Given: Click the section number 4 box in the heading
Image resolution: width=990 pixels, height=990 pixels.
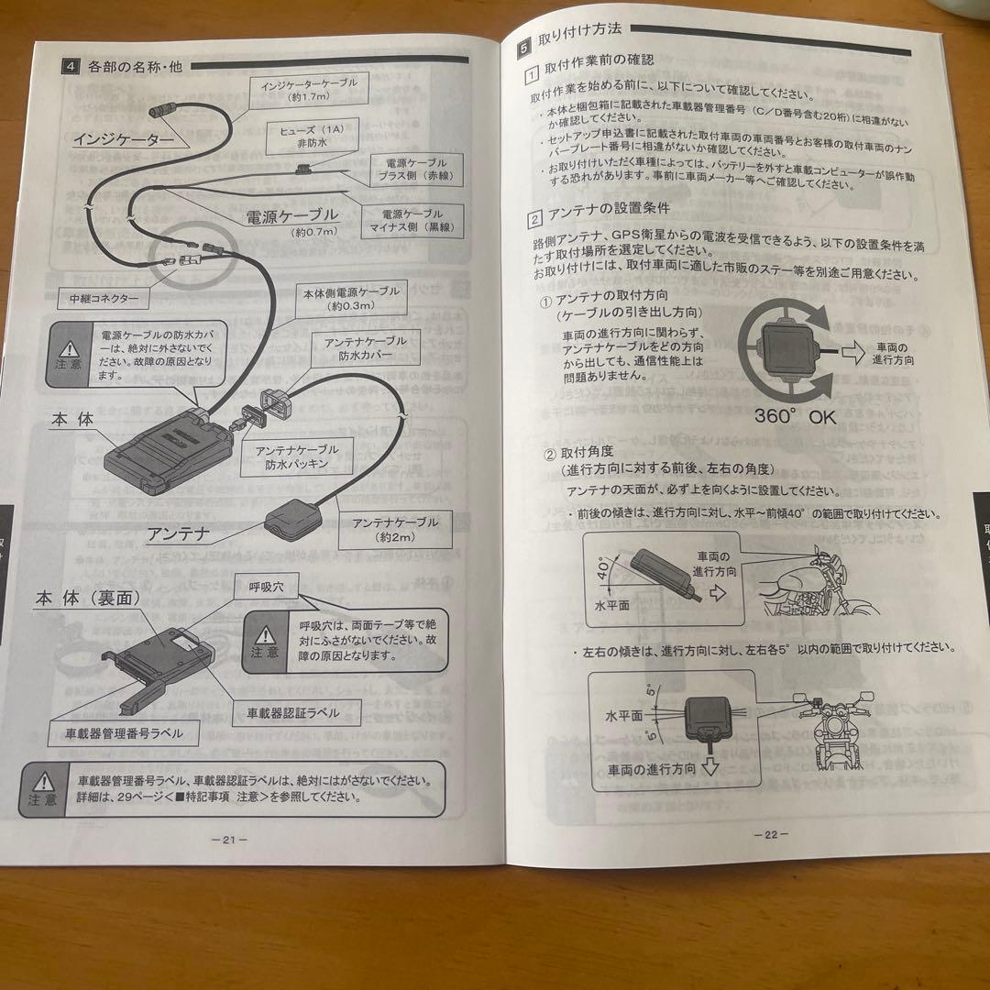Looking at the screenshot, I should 71,66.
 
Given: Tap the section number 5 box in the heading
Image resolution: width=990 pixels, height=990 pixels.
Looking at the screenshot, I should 523,42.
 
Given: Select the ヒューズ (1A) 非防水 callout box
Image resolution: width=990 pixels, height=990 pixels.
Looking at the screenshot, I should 298,137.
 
